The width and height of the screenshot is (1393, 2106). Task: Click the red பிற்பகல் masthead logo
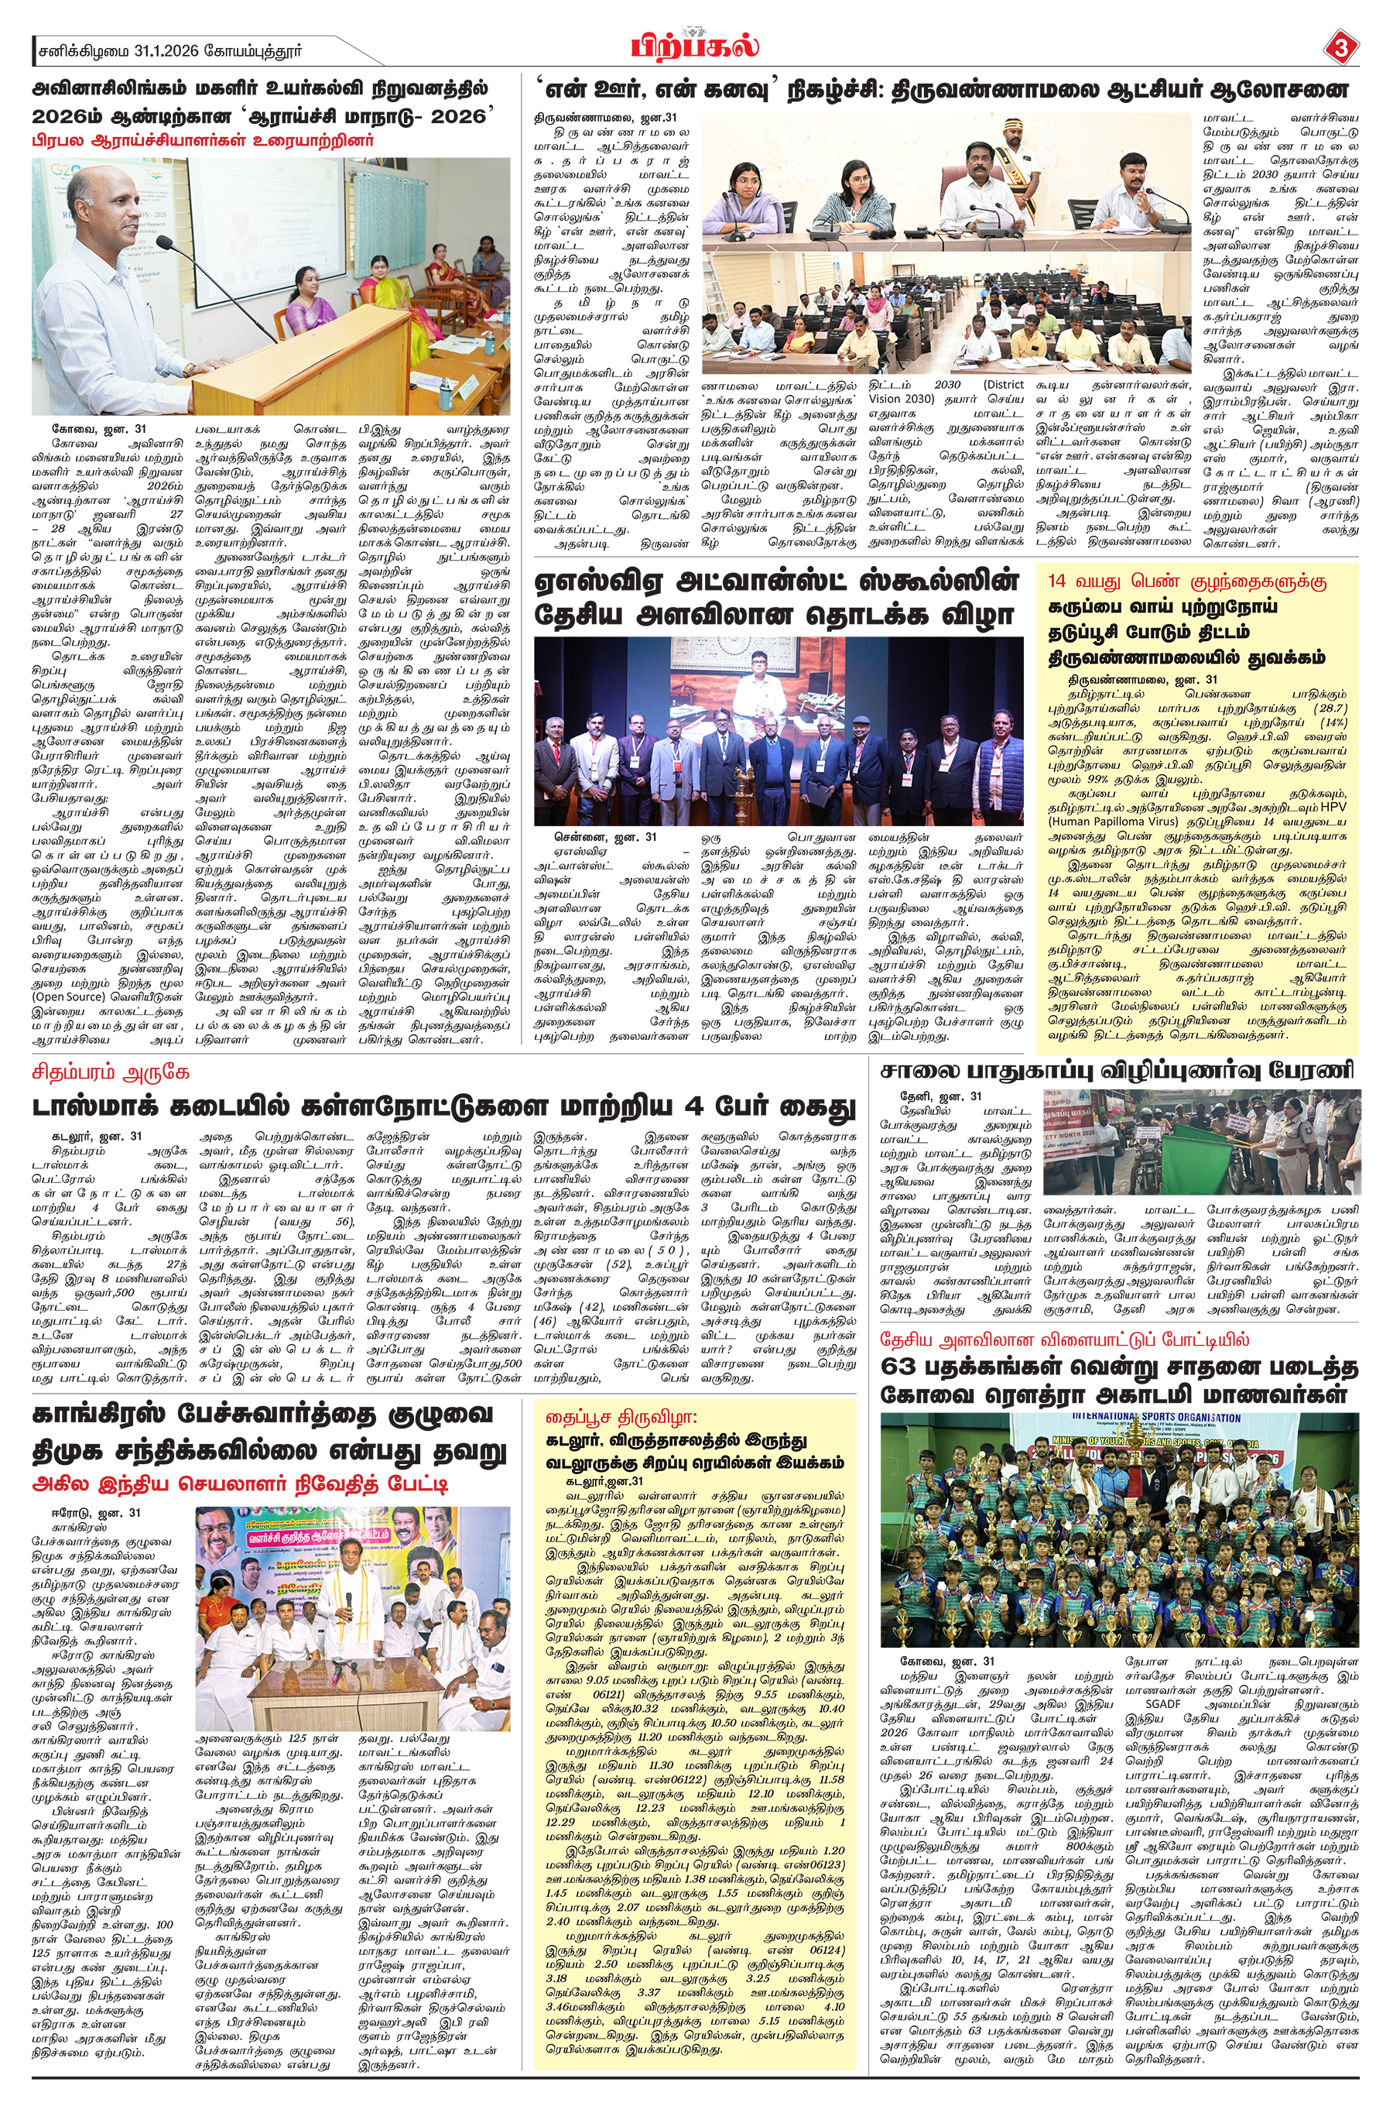(696, 44)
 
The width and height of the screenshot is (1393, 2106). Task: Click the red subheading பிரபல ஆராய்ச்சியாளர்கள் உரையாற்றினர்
(204, 140)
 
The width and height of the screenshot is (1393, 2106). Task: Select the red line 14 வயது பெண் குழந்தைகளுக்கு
(1186, 582)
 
